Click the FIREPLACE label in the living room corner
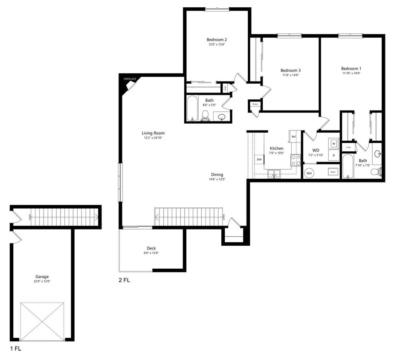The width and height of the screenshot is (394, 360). (130, 79)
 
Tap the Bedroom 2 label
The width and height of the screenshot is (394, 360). (216, 39)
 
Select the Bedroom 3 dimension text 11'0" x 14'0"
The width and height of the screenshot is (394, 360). (291, 75)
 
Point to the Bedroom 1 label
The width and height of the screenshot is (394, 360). (351, 68)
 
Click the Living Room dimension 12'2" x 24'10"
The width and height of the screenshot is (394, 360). (153, 138)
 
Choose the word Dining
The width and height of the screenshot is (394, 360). (217, 174)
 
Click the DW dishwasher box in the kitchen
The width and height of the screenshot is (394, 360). (259, 159)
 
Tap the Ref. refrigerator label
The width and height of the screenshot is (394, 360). (293, 136)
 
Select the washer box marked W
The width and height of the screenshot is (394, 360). (333, 143)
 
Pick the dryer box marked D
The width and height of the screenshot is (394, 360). (333, 156)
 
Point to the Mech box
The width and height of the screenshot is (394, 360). (333, 172)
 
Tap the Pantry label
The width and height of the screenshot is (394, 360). (255, 104)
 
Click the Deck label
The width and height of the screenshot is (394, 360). (151, 248)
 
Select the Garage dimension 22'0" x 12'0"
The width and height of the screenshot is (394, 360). (42, 282)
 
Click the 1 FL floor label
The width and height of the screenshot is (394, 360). (15, 348)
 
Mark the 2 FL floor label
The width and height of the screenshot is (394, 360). (125, 281)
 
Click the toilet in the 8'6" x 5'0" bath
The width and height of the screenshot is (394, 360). (205, 115)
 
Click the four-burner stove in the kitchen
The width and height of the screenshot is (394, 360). (295, 160)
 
